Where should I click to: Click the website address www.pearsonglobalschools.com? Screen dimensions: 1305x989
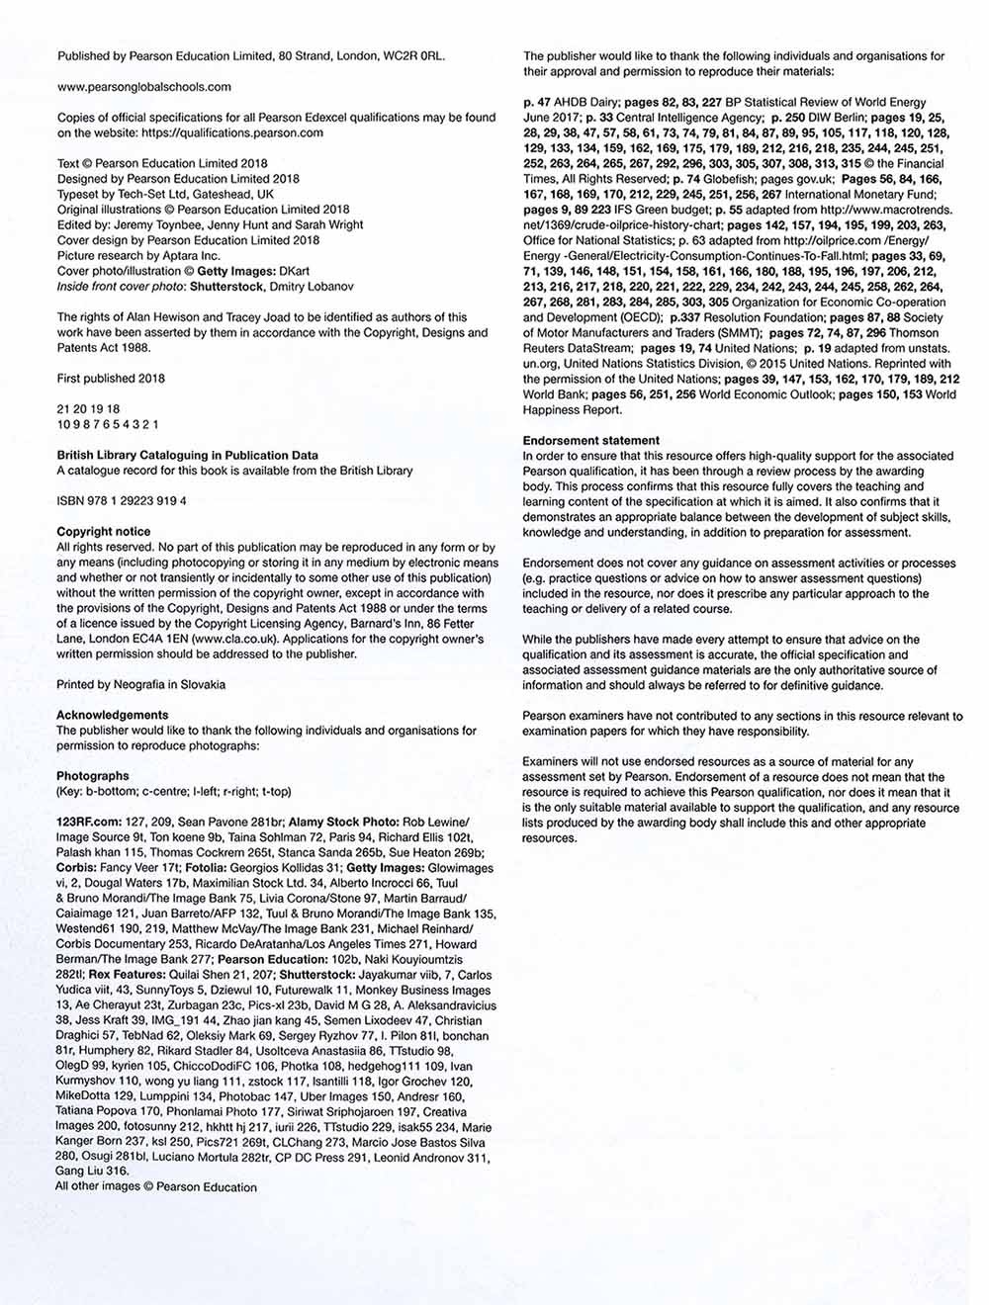144,87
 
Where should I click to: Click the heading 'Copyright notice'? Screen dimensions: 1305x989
104,532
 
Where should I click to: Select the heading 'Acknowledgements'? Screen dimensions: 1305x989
113,715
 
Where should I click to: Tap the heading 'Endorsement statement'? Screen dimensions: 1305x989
591,441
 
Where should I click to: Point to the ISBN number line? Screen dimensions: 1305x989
122,501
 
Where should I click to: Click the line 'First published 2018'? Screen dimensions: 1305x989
111,379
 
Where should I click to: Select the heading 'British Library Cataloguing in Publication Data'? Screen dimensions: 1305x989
188,456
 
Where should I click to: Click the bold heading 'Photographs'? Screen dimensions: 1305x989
93,776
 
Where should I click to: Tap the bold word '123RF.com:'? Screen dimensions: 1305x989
88,822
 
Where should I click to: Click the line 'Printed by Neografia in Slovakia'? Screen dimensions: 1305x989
141,684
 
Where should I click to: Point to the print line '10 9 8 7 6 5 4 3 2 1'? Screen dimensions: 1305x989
108,424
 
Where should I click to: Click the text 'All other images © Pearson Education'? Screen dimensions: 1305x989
156,1187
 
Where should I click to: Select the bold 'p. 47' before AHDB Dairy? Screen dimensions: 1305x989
537,102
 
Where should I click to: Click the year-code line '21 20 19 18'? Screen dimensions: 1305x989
89,409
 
